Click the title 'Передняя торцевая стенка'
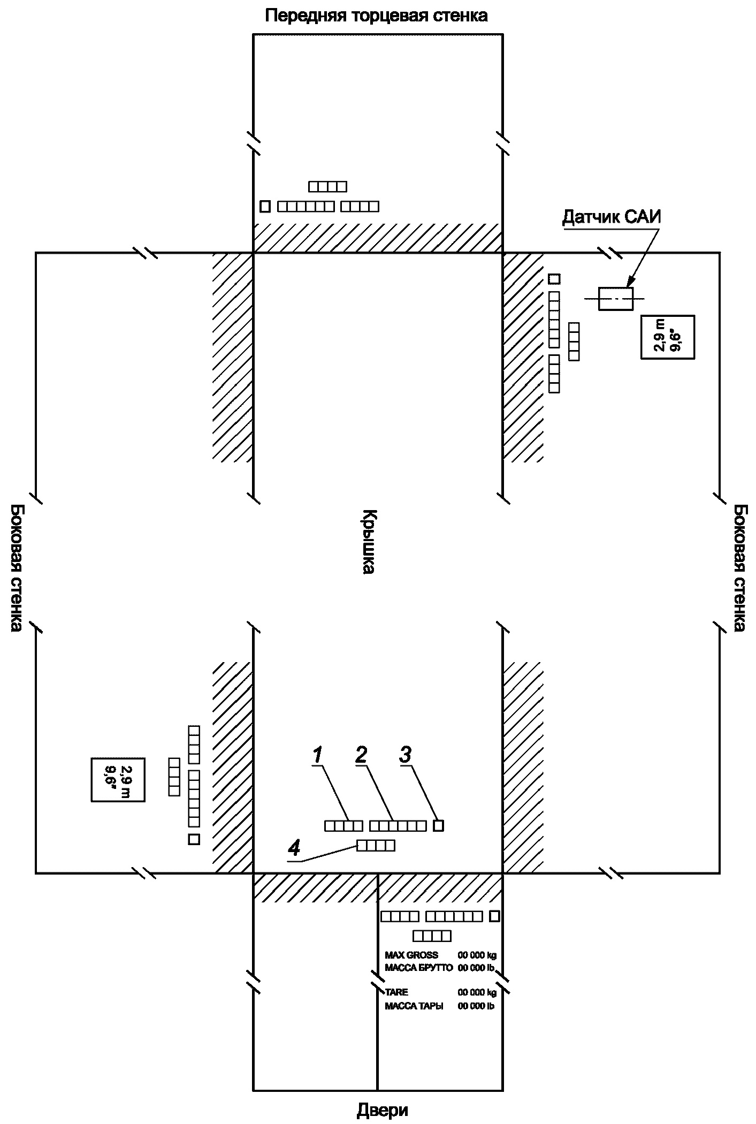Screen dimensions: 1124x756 377,15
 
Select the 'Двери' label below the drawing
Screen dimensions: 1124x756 382,1111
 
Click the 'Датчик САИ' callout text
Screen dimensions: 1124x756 612,217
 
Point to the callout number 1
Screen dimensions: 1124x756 317,755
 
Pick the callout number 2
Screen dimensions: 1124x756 362,755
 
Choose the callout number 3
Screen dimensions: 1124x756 405,755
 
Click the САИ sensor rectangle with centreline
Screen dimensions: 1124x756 615,299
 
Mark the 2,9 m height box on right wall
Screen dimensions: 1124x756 667,337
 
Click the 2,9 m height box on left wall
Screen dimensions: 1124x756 118,779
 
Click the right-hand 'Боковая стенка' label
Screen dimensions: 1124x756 740,567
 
